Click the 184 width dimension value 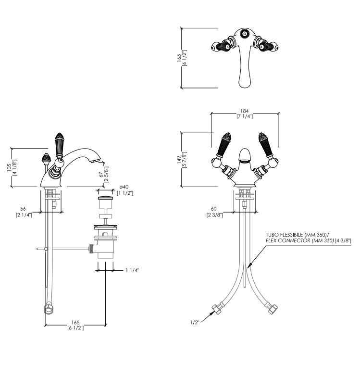(x=244, y=111)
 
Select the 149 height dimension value (x=179, y=160)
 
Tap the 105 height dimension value (x=9, y=167)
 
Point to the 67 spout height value (x=101, y=175)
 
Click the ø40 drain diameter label (x=124, y=187)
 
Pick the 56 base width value (x=23, y=209)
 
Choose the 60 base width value (x=213, y=209)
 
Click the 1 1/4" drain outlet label (x=132, y=270)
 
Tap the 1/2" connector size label (x=195, y=322)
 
